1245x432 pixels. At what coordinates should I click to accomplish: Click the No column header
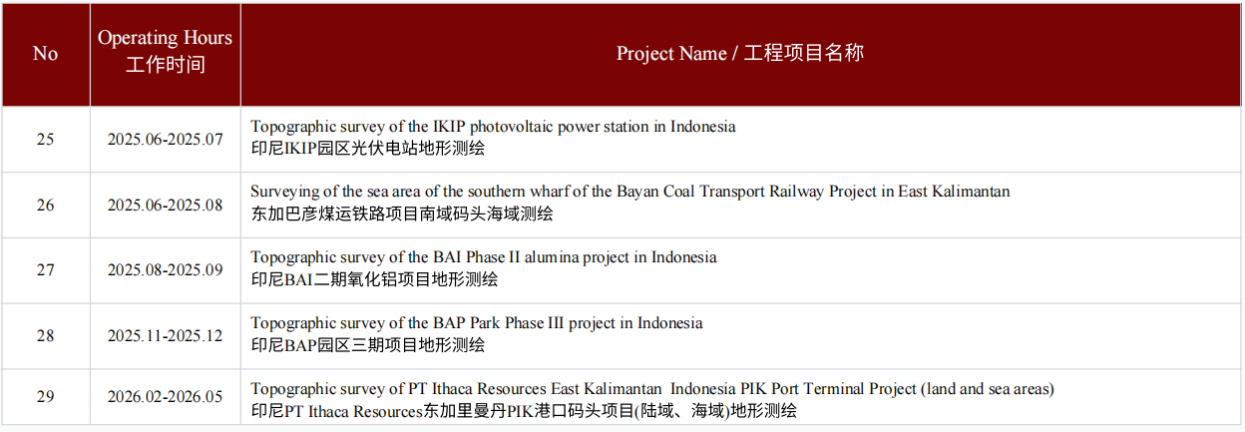click(x=45, y=54)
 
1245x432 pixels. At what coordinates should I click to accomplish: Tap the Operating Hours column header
click(x=165, y=51)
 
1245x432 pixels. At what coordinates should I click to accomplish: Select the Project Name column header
click(x=740, y=53)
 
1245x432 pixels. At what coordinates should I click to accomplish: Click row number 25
click(x=46, y=139)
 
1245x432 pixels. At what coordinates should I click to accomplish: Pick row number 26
click(x=46, y=206)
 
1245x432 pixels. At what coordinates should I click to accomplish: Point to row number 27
click(x=46, y=270)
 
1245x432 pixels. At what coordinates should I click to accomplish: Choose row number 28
click(x=46, y=336)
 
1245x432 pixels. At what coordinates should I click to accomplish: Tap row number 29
click(x=46, y=397)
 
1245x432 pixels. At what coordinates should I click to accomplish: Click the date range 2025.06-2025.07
click(x=165, y=139)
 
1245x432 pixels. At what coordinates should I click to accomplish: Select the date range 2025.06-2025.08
click(x=165, y=206)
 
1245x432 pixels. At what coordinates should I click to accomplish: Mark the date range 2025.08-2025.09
click(x=165, y=270)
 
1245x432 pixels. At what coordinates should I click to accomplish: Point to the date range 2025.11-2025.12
click(x=165, y=336)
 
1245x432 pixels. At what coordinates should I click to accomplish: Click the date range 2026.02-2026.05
click(x=165, y=397)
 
